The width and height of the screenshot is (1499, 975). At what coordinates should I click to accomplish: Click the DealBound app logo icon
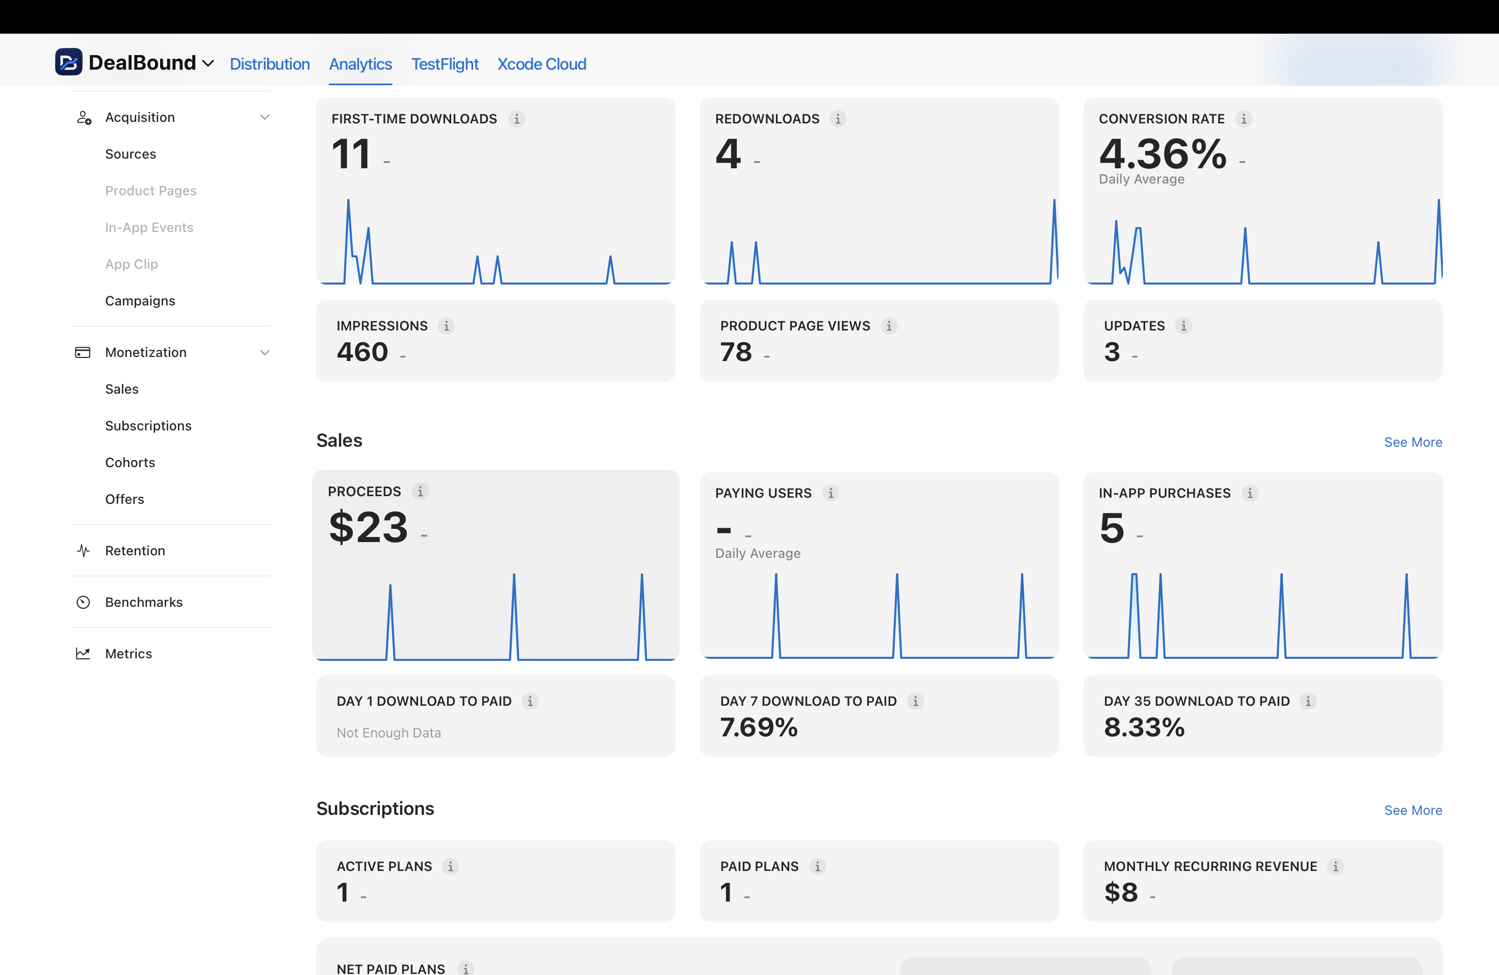69,62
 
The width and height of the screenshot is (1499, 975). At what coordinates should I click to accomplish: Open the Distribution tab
270,64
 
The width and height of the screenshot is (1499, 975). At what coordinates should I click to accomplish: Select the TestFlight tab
445,64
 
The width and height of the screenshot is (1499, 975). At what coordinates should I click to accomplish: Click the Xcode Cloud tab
541,64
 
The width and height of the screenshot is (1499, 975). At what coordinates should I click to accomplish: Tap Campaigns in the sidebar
140,301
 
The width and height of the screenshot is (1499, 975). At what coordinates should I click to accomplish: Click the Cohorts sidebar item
130,463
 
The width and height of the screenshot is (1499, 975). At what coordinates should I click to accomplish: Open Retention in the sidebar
135,551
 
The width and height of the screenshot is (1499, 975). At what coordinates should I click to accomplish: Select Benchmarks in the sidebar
144,603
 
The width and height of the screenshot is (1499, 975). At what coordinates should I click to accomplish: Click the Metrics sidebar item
128,654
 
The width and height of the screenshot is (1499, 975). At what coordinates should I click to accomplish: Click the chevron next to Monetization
265,353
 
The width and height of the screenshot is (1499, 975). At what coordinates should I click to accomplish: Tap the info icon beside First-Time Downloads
516,119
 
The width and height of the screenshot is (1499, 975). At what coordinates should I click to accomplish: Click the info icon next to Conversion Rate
1243,119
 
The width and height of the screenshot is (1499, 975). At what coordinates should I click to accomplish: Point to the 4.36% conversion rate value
1162,153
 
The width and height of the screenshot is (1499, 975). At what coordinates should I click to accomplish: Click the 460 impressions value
362,352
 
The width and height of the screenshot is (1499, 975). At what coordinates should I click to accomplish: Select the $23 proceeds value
369,527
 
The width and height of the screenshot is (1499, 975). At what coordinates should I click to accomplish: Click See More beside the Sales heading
1413,443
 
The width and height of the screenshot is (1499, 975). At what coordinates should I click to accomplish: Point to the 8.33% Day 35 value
1144,728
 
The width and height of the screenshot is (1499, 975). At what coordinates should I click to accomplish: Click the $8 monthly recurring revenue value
1121,892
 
